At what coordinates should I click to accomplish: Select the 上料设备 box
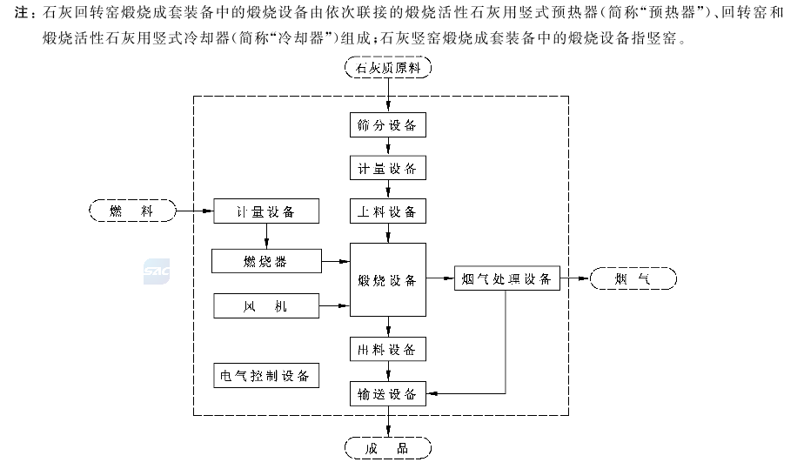pyautogui.click(x=388, y=211)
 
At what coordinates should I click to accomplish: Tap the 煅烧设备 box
pyautogui.click(x=388, y=280)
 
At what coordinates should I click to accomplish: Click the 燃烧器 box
pyautogui.click(x=265, y=259)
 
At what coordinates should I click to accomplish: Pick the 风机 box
pyautogui.click(x=265, y=305)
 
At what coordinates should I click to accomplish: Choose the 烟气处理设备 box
pyautogui.click(x=507, y=278)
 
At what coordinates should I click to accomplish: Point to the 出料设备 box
pyautogui.click(x=388, y=350)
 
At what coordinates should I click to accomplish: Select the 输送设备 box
pyautogui.click(x=388, y=393)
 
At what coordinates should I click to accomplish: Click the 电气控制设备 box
pyautogui.click(x=265, y=376)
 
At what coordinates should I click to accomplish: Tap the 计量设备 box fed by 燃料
pyautogui.click(x=265, y=211)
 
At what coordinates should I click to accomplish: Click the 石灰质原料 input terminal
pyautogui.click(x=388, y=69)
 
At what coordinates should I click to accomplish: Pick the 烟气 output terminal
pyautogui.click(x=633, y=278)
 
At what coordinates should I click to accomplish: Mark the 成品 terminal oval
pyautogui.click(x=388, y=448)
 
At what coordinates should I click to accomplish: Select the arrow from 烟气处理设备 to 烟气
pyautogui.click(x=574, y=278)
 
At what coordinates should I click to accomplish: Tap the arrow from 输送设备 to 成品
pyautogui.click(x=388, y=421)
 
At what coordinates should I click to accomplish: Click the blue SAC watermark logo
pyautogui.click(x=157, y=272)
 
